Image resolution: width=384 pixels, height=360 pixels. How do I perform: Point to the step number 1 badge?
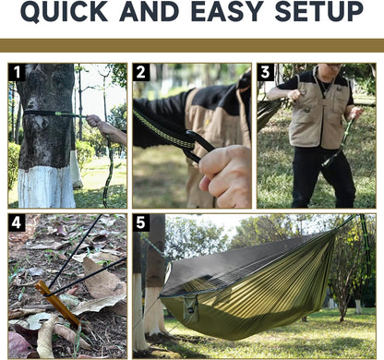[x=17, y=72]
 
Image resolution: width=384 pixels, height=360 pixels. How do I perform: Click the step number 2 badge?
[x=141, y=72]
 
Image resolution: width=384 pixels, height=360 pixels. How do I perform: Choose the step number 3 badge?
[x=266, y=72]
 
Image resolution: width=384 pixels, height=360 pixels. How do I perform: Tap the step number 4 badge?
[x=17, y=222]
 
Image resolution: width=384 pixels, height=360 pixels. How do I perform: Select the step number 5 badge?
[x=141, y=222]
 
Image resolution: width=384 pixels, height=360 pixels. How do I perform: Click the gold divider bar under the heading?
[x=192, y=45]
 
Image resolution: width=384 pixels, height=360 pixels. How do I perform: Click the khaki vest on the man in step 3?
[x=318, y=115]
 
